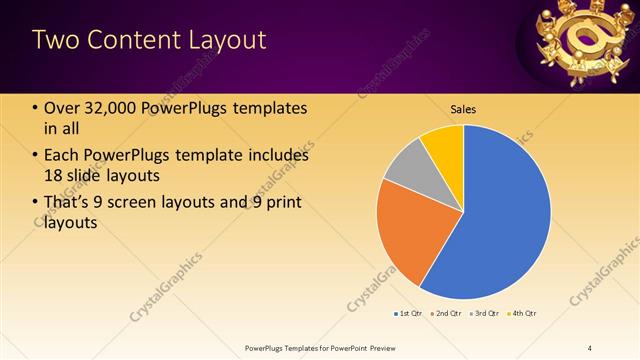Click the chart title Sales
(463, 108)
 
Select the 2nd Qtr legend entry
(446, 314)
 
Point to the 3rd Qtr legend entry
(485, 314)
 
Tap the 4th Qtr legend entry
(523, 314)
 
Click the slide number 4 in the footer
(590, 347)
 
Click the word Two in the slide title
(54, 40)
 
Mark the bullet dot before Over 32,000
(36, 109)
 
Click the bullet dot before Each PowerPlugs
(36, 156)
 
